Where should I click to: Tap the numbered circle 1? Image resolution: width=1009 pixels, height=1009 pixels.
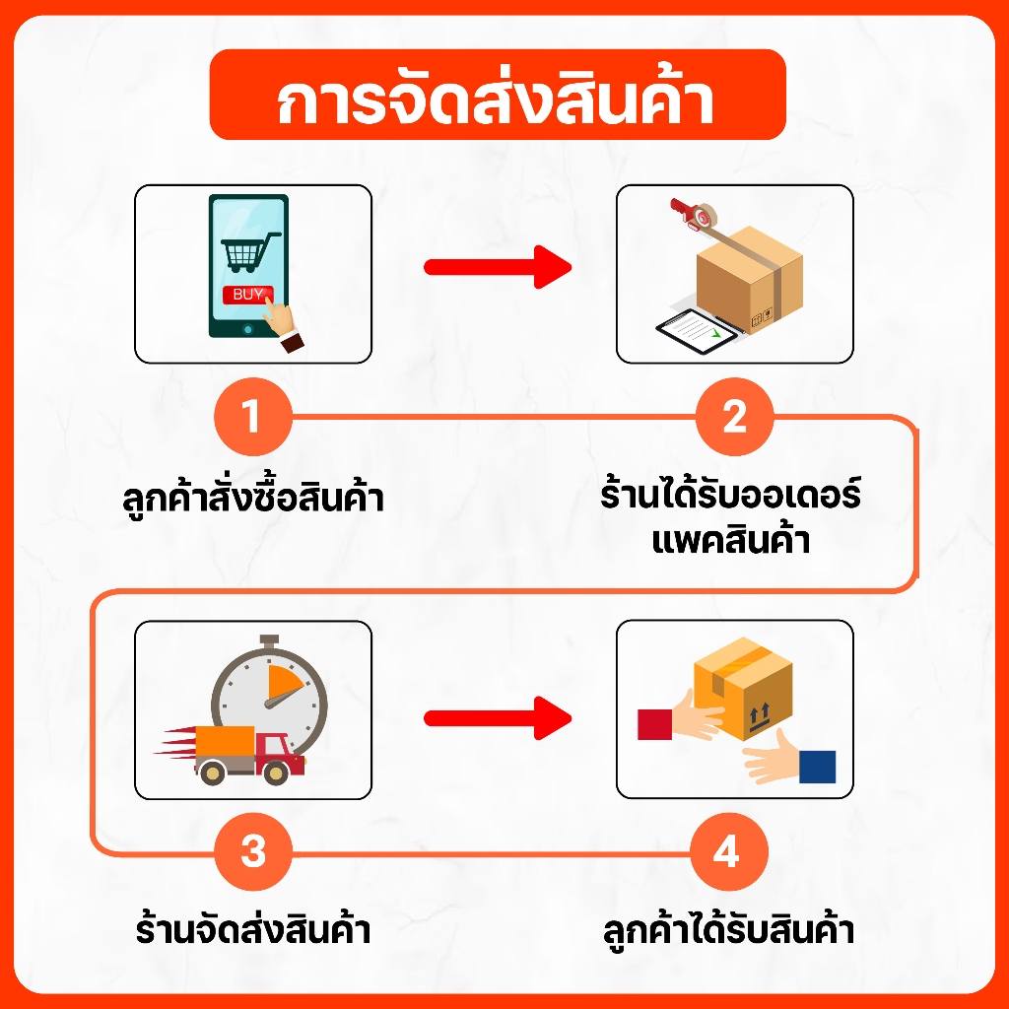[253, 417]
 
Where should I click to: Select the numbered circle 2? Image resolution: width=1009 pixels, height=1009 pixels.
[734, 417]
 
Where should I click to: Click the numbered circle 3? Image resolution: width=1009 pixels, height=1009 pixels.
[253, 852]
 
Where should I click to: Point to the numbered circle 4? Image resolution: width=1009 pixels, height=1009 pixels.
[729, 852]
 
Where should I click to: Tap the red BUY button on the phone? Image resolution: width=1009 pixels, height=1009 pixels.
[247, 295]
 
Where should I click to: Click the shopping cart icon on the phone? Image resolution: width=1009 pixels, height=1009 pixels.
[249, 251]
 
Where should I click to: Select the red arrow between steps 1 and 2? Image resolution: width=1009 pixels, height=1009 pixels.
[498, 267]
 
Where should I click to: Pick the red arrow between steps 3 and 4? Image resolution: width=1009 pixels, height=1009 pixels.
[498, 718]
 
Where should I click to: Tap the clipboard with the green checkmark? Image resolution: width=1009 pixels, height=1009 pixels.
[697, 331]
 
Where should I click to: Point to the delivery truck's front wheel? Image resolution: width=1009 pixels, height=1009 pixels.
[276, 773]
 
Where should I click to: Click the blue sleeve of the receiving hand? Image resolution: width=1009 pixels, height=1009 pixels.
[817, 767]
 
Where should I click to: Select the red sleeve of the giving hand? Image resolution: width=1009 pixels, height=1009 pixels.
[654, 724]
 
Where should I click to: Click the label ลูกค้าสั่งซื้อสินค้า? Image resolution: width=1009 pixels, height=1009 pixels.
[253, 498]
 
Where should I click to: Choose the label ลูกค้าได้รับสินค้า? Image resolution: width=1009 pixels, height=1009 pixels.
[728, 931]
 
